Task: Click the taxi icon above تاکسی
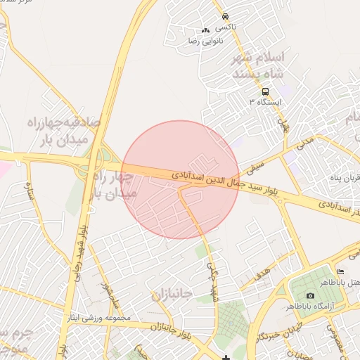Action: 224,16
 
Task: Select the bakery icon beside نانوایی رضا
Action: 205,31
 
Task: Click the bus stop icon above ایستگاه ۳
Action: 265,91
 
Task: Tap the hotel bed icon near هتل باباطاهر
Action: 341,272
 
